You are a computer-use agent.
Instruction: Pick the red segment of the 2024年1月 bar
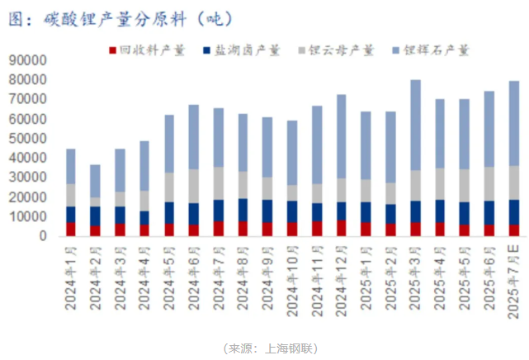(71, 229)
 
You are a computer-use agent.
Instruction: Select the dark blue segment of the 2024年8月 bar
(243, 210)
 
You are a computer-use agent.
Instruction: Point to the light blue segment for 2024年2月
(96, 181)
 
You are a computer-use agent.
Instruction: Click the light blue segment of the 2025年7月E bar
(513, 123)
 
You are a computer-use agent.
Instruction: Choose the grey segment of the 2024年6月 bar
(194, 186)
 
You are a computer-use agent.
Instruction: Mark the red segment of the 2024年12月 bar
(341, 227)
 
